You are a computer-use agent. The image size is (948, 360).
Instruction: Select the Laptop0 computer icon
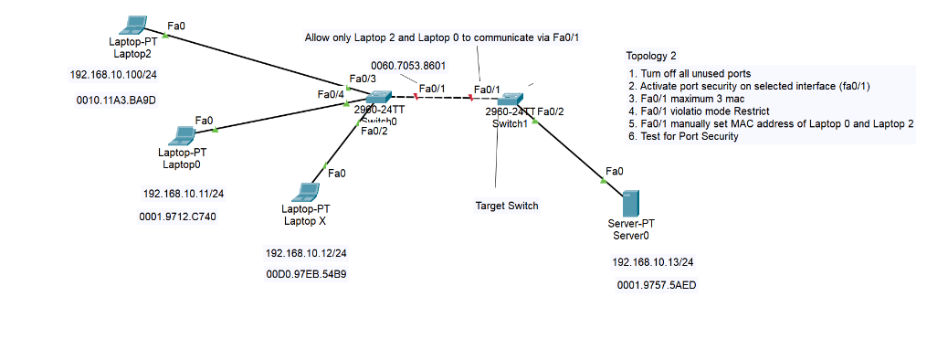(x=182, y=135)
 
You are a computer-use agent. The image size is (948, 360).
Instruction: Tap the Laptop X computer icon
(x=304, y=191)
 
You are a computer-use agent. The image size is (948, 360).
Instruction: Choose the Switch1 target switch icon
(x=508, y=98)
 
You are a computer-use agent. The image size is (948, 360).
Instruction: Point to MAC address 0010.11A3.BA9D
(x=113, y=101)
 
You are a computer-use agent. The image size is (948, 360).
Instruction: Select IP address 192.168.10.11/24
(x=184, y=194)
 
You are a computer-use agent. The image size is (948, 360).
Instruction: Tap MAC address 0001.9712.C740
(x=180, y=217)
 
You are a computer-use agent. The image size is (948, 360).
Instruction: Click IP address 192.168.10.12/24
(x=306, y=252)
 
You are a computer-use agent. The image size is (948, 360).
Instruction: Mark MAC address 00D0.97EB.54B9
(x=306, y=274)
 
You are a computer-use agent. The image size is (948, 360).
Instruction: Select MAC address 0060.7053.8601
(x=408, y=66)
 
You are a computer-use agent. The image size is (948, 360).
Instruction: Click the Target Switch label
(x=507, y=206)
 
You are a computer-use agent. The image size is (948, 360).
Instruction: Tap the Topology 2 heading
(x=651, y=57)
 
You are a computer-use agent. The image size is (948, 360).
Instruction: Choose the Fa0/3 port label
(x=363, y=79)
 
